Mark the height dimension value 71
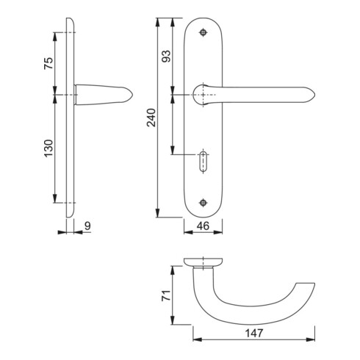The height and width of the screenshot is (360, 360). (166, 296)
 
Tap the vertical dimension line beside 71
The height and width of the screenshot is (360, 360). (173, 297)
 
